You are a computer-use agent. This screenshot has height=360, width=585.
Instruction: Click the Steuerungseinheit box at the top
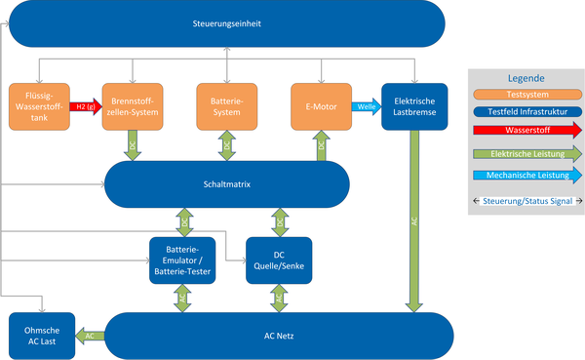[226, 21]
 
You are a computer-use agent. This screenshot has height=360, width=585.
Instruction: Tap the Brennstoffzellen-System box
[132, 105]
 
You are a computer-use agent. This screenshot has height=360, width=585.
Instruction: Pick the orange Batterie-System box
[226, 105]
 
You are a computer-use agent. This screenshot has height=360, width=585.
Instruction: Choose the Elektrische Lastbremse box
[414, 105]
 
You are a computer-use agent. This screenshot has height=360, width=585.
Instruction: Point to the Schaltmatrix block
[226, 183]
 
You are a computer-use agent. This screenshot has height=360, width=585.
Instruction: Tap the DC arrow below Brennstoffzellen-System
[132, 144]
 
